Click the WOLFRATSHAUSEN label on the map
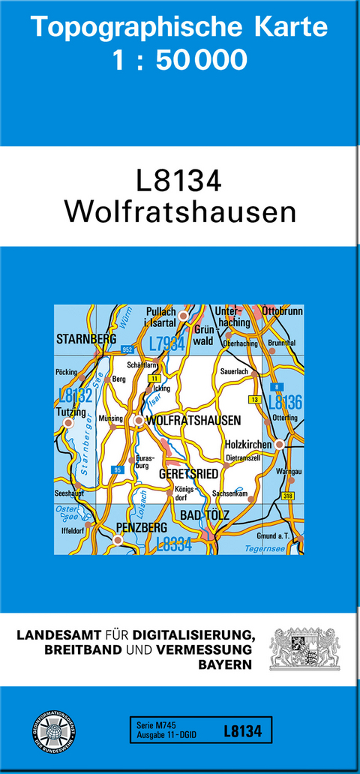[x=193, y=421]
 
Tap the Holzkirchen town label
[x=249, y=445]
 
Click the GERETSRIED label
[x=188, y=475]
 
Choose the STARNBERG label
[x=86, y=340]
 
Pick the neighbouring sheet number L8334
[x=174, y=545]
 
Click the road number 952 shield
[x=127, y=350]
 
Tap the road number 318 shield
[x=288, y=496]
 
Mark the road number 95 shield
[x=116, y=469]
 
